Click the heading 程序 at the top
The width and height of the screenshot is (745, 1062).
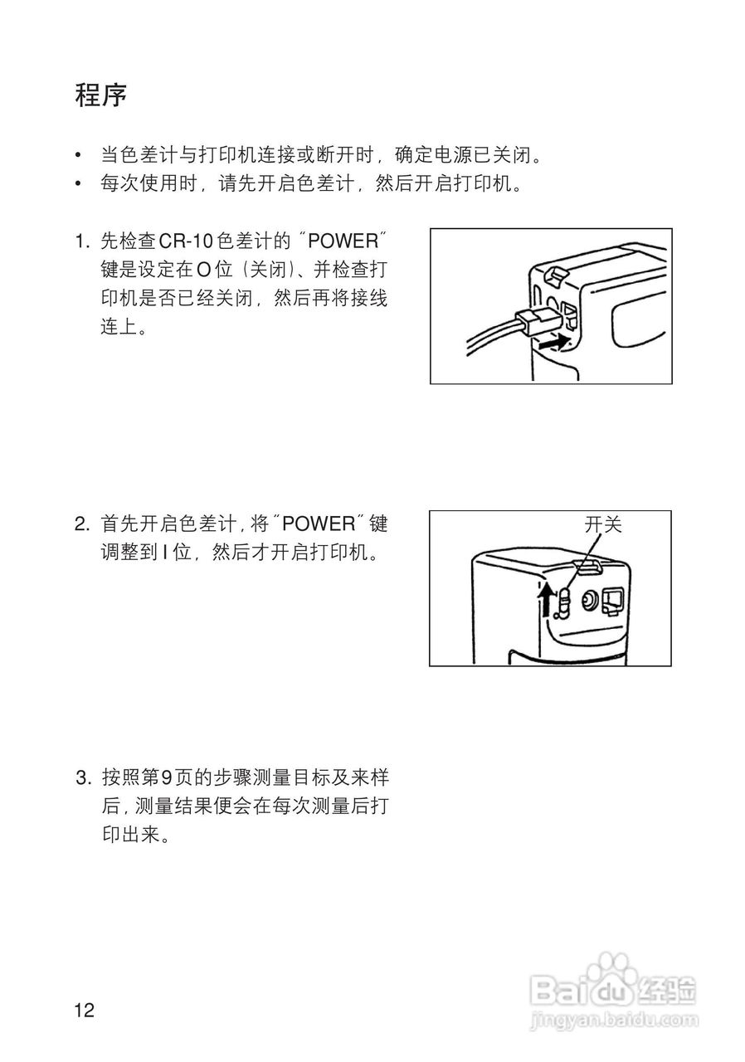point(100,95)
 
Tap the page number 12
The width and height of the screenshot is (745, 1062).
point(85,1010)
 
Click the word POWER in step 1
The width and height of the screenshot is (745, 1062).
point(343,241)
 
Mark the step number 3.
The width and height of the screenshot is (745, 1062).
point(80,778)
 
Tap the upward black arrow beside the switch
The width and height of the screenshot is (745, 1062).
point(545,601)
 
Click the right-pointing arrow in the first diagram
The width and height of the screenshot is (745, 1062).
point(553,342)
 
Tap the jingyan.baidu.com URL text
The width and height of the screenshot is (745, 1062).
point(612,1018)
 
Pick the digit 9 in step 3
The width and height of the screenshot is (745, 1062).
point(166,778)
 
